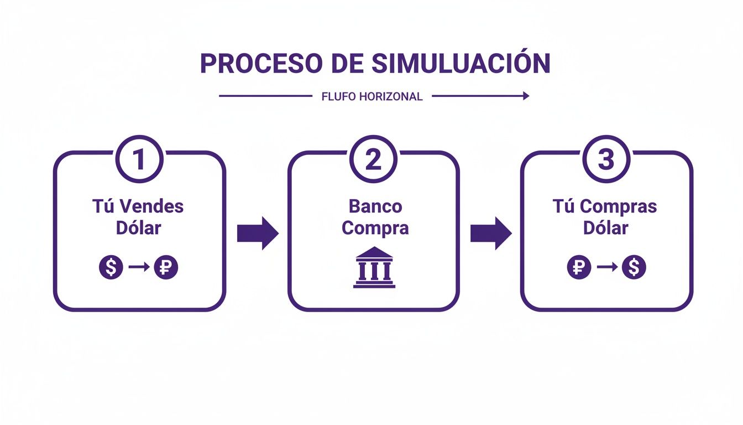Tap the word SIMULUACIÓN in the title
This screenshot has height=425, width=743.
click(x=461, y=64)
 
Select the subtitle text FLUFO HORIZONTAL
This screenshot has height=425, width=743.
click(x=371, y=97)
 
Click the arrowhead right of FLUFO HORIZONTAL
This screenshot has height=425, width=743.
click(x=525, y=96)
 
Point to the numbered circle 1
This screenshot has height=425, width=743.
click(x=139, y=160)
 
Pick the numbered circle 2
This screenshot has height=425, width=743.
click(x=373, y=160)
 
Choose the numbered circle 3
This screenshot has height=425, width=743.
click(x=606, y=160)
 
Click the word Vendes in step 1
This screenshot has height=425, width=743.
click(x=151, y=207)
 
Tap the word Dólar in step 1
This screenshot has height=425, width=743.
click(x=139, y=228)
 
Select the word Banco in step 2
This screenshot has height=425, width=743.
click(x=375, y=207)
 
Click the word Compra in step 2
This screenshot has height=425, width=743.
click(x=375, y=228)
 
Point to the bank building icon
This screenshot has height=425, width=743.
click(x=374, y=267)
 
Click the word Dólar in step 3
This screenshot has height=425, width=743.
click(x=606, y=228)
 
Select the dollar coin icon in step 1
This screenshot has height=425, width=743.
click(x=111, y=268)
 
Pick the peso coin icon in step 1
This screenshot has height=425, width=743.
click(x=166, y=268)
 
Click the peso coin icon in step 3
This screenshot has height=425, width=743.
click(x=579, y=268)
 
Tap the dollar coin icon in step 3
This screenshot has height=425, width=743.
click(x=634, y=268)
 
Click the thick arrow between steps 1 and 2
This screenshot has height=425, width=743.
click(x=258, y=234)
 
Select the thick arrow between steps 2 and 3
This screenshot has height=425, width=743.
click(x=491, y=234)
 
